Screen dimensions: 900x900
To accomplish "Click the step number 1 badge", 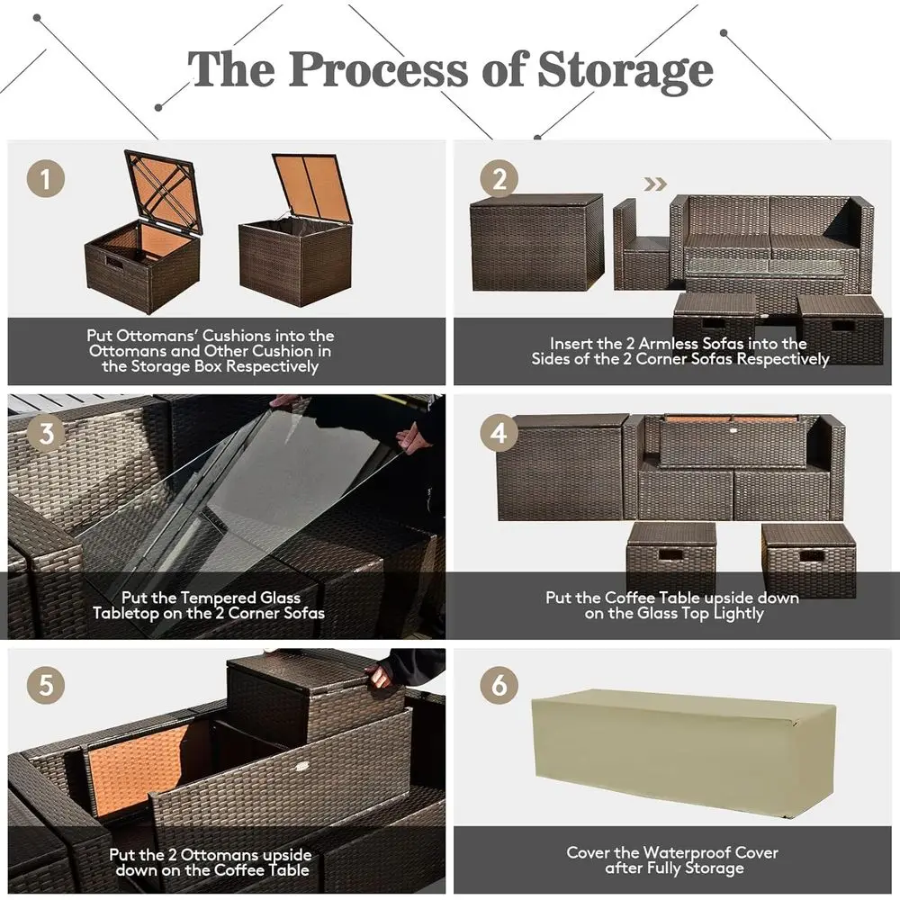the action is point(45,178).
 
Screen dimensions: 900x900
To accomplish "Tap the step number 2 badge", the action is point(499,178).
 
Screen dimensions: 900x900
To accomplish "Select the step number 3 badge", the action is point(46,433).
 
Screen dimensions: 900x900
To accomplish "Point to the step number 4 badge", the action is point(499,433).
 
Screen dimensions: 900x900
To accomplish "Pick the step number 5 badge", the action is point(45,685).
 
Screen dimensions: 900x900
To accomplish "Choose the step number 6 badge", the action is point(499,685).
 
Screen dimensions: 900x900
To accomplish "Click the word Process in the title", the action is point(378,70).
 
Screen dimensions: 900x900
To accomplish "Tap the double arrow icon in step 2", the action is point(655,184).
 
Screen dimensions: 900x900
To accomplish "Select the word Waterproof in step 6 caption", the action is point(691,852).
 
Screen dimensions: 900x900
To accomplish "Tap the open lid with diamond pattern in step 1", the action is point(163,193).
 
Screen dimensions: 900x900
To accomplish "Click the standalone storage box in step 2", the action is point(536,242).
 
